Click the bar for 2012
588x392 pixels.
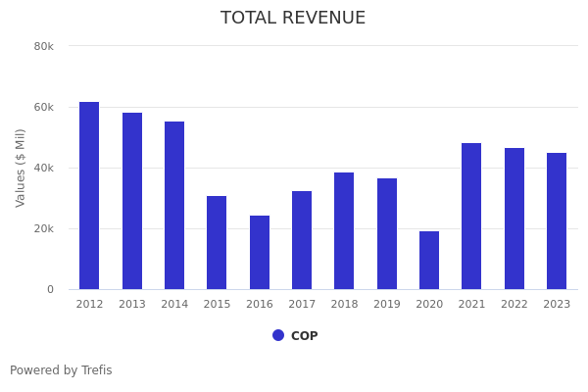click(89, 196)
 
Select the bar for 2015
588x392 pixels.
click(217, 243)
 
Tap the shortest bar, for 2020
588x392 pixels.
click(429, 261)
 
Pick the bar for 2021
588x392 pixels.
click(471, 217)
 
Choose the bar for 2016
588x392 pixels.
click(260, 253)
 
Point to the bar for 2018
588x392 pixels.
click(344, 231)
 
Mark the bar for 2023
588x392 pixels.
click(557, 221)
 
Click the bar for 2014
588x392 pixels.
click(174, 206)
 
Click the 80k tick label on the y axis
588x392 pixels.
click(43, 46)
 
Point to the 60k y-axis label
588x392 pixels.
click(43, 107)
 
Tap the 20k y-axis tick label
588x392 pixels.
click(43, 228)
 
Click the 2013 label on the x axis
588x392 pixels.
click(132, 304)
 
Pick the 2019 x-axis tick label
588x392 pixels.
click(387, 304)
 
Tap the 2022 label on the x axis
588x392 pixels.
click(514, 304)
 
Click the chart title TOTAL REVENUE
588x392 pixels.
click(293, 19)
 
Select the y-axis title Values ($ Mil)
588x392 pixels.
click(21, 168)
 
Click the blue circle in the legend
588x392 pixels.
click(278, 335)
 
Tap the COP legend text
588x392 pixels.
click(304, 336)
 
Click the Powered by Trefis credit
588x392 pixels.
click(61, 370)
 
